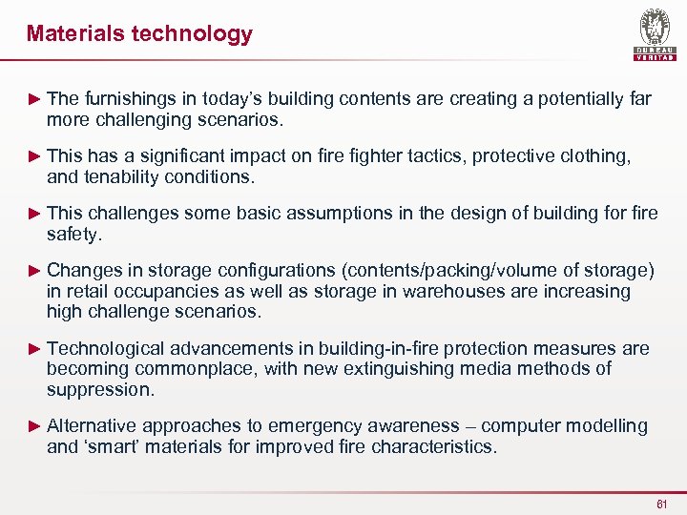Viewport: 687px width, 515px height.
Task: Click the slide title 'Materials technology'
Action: [139, 34]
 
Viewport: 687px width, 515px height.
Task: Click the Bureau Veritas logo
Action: [655, 36]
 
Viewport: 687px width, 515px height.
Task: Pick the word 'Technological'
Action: [107, 349]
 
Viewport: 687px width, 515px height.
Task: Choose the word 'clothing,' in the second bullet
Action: [596, 155]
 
